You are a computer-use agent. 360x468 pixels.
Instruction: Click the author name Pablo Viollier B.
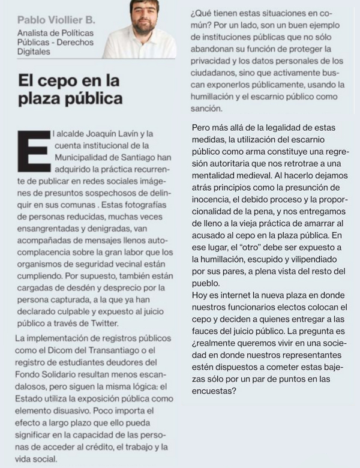tap(56, 20)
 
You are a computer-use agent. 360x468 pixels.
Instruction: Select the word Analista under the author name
tap(33, 34)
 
